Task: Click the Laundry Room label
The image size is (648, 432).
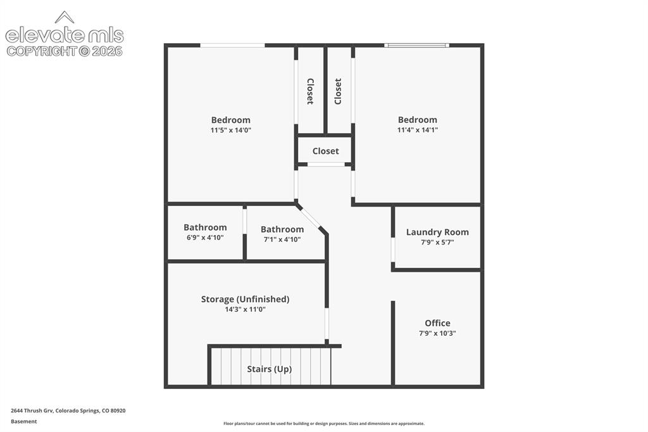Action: tap(437, 232)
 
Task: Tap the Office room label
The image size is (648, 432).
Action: tap(437, 323)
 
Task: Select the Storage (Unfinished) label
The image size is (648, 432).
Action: tap(245, 299)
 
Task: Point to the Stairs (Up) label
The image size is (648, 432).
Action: tap(270, 369)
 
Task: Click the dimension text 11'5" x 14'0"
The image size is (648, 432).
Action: tap(230, 130)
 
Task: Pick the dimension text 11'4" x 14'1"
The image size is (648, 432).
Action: tap(418, 130)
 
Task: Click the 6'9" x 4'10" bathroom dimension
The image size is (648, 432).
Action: tap(205, 238)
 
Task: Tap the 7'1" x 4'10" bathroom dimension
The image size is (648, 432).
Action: tap(282, 239)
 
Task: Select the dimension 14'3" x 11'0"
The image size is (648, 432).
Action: tap(245, 310)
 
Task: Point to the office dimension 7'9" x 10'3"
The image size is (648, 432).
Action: tap(437, 334)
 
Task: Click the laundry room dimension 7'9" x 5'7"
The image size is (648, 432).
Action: tap(437, 243)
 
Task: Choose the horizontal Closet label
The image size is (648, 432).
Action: tap(326, 151)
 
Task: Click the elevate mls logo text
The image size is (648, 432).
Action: tap(65, 35)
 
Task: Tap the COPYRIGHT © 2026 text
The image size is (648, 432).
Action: tap(65, 51)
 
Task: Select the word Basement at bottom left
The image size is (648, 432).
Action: tap(23, 422)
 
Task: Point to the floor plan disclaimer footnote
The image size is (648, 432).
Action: tap(324, 424)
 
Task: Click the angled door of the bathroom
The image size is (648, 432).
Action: tap(309, 217)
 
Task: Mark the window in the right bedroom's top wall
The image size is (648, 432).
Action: tap(416, 45)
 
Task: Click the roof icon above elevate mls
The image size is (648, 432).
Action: tap(65, 17)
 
